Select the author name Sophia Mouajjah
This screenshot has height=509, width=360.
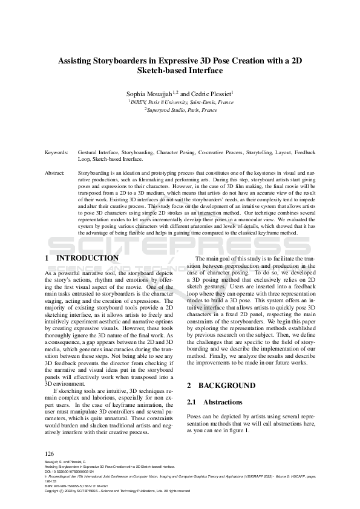point(148,94)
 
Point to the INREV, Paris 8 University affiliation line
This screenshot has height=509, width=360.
point(180,102)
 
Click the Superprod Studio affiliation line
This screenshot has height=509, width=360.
point(180,111)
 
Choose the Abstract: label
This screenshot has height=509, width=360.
point(55,173)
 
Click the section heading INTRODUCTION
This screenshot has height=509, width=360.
point(87,258)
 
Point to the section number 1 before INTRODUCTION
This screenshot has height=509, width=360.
point(47,258)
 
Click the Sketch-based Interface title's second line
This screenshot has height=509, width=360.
point(180,71)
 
